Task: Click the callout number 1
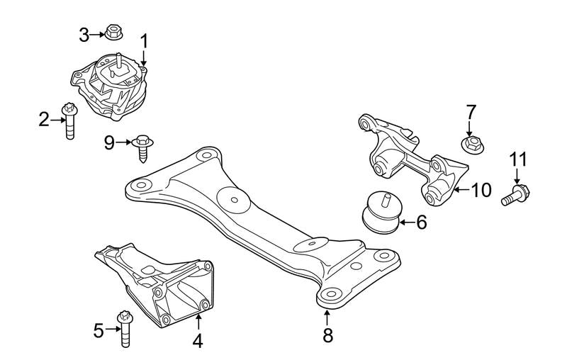pyautogui.click(x=145, y=42)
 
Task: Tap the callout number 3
pyautogui.click(x=84, y=33)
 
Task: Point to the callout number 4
pyautogui.click(x=197, y=341)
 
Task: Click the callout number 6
pyautogui.click(x=421, y=223)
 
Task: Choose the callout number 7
pyautogui.click(x=471, y=112)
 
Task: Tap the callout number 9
pyautogui.click(x=109, y=143)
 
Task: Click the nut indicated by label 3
pyautogui.click(x=112, y=32)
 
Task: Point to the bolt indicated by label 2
pyautogui.click(x=69, y=121)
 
